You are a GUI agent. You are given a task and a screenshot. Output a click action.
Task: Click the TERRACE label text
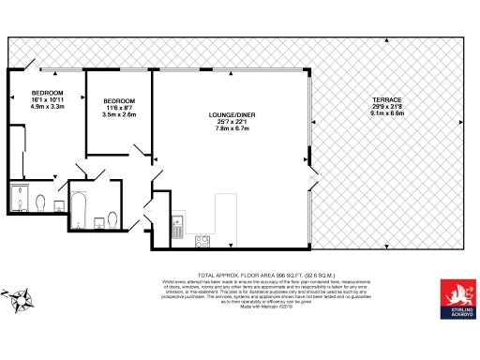pos(386,99)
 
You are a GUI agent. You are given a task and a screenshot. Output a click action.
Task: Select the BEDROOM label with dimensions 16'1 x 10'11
pos(47,93)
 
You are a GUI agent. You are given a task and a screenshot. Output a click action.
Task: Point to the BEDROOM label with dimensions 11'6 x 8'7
pos(119,100)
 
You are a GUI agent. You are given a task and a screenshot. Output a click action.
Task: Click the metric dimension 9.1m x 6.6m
pos(386,113)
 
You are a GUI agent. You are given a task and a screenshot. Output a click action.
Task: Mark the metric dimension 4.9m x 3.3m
pos(47,107)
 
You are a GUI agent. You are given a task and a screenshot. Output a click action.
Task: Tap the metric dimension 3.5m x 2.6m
pos(119,114)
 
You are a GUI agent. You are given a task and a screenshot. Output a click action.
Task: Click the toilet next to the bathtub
pos(112,219)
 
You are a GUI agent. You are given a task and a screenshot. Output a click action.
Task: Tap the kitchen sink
pos(177,224)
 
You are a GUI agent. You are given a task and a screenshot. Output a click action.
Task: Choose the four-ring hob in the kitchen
pos(201,241)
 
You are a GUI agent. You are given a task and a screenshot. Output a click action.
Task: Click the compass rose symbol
pos(21,301)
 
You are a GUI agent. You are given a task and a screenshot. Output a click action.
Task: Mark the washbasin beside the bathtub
pos(98,224)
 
